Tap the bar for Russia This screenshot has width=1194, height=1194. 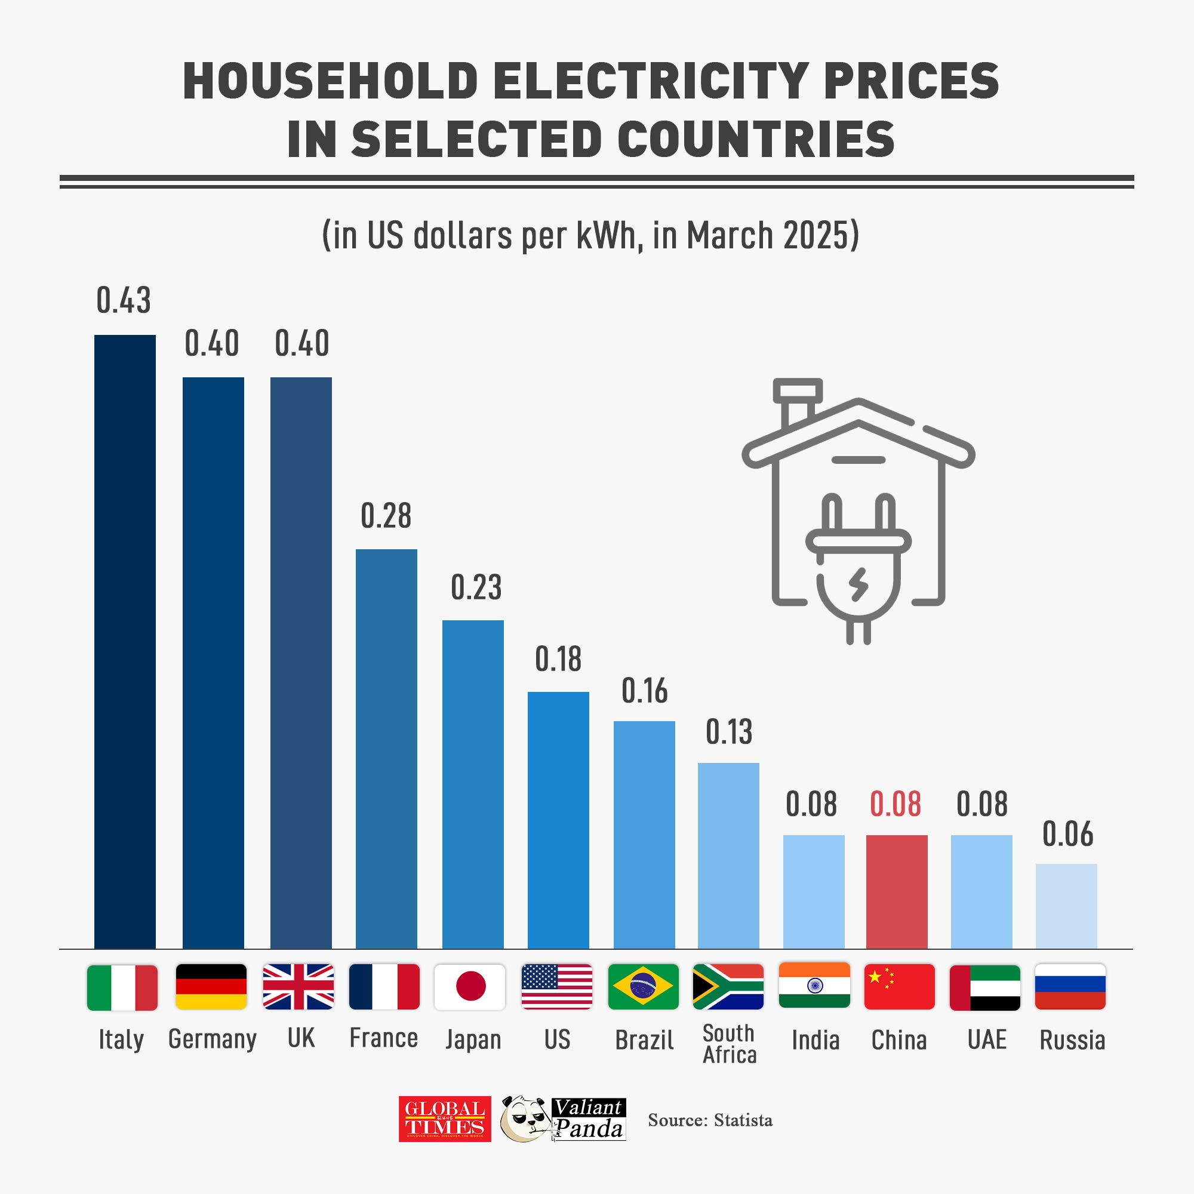coord(1066,906)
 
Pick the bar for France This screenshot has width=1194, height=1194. coord(386,749)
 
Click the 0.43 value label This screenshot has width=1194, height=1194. coord(124,301)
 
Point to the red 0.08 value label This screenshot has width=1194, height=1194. coord(895,804)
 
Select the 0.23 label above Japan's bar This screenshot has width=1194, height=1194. coord(476,587)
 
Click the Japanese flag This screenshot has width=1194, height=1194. coord(470,986)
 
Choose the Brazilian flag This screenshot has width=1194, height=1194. coord(644,986)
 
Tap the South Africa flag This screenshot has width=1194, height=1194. coord(728,986)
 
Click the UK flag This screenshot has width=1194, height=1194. coord(298,986)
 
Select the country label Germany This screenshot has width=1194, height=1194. coord(213,1039)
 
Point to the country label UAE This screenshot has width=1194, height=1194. coord(987,1039)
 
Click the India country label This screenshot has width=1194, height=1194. coord(815,1040)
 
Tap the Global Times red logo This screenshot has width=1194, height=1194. coord(444,1119)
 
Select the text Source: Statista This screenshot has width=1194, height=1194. coord(710,1120)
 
